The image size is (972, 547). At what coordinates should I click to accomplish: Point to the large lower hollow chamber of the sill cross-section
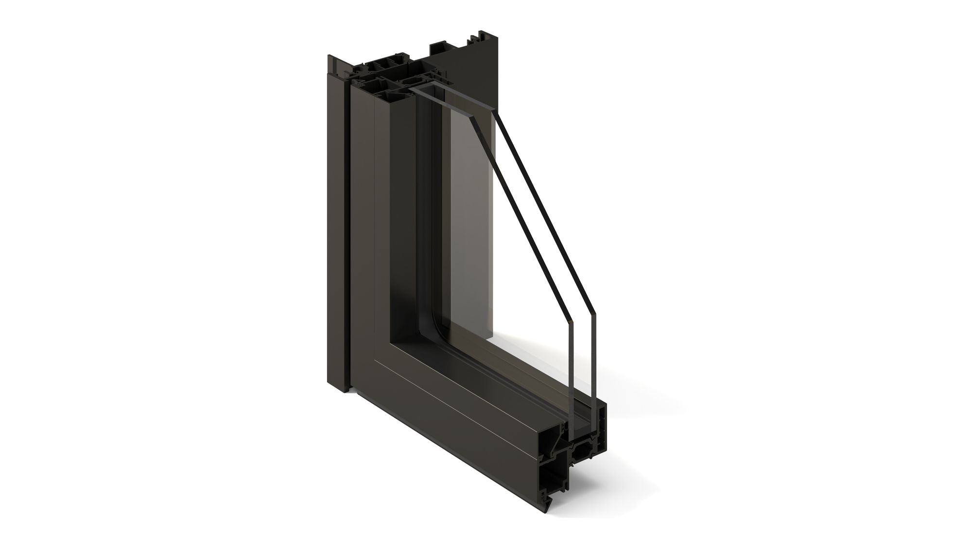pos(552,476)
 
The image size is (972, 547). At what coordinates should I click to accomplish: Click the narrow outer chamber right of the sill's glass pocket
pos(603,428)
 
